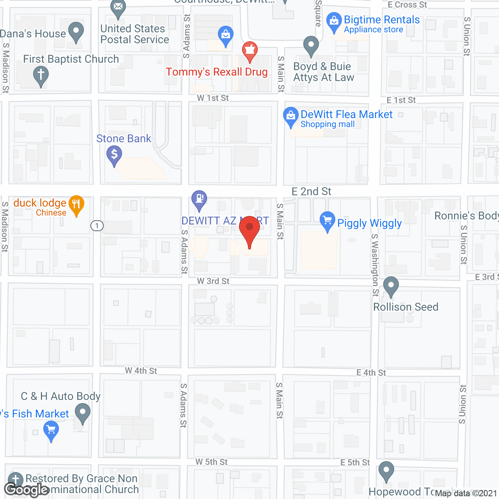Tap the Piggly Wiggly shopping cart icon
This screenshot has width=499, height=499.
(x=327, y=221)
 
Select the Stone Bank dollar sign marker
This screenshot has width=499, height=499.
(x=114, y=155)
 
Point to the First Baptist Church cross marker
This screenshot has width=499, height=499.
(x=41, y=75)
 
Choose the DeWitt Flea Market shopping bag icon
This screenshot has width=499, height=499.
(x=290, y=116)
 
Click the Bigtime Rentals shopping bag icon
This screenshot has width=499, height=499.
(x=334, y=21)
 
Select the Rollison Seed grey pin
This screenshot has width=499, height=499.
(x=391, y=286)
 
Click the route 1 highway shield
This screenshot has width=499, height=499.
(x=97, y=226)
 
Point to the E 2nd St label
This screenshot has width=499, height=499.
(x=311, y=191)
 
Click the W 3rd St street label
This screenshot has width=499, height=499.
(x=213, y=281)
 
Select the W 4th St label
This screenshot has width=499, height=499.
(x=141, y=371)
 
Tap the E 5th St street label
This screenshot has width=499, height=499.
(x=355, y=462)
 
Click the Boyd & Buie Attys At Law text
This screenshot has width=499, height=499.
(x=324, y=72)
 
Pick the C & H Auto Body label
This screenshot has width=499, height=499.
(x=61, y=396)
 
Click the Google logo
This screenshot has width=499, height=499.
(x=27, y=490)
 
